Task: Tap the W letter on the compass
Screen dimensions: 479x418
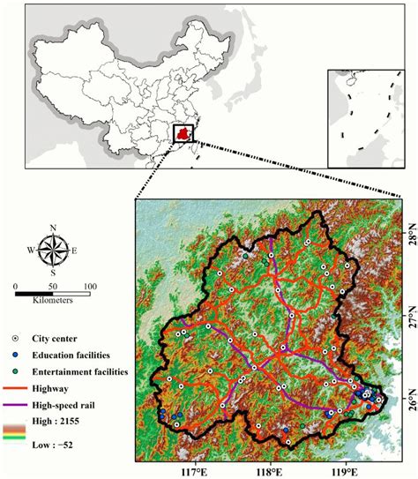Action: (33, 251)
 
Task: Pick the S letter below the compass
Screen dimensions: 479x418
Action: (54, 273)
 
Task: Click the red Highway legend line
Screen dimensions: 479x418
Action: (16, 389)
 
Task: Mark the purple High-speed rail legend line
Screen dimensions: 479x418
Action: (16, 406)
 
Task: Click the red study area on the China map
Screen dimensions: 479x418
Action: (183, 135)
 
